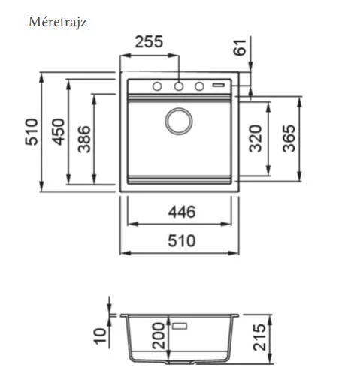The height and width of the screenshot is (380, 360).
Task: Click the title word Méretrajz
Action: click(x=58, y=22)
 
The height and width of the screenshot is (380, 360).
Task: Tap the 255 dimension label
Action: click(x=149, y=42)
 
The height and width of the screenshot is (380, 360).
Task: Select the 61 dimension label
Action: click(x=240, y=47)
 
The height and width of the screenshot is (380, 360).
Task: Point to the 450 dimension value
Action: click(x=58, y=132)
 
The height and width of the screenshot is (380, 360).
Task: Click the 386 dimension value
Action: click(x=84, y=139)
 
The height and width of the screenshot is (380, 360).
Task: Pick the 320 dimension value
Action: click(x=255, y=138)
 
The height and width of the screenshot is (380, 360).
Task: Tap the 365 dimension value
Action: click(x=289, y=138)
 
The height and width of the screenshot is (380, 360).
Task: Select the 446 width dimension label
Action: click(x=182, y=212)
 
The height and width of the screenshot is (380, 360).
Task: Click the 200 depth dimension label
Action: click(x=159, y=336)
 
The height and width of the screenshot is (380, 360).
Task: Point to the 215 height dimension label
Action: click(x=259, y=337)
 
